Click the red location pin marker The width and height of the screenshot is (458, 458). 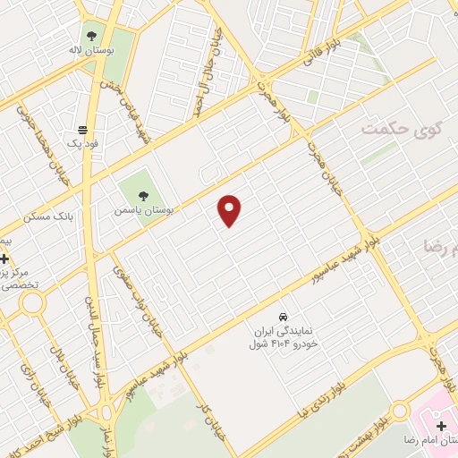click(230, 209)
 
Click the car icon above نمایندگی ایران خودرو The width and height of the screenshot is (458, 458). click(284, 316)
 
